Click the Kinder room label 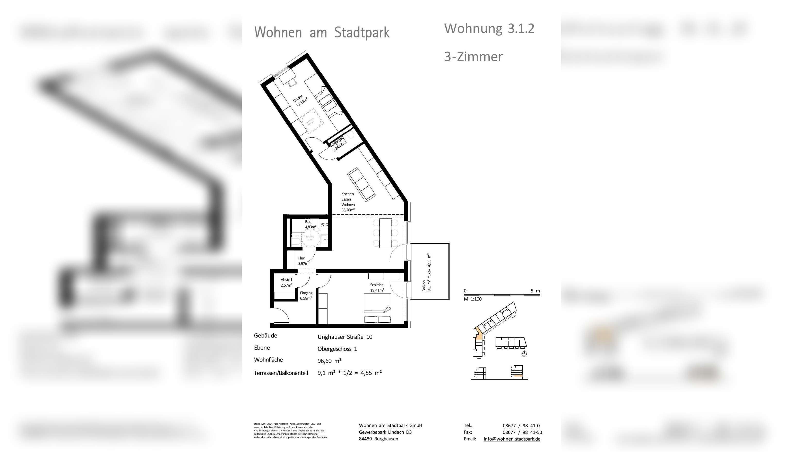298,99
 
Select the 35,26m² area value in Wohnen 348,210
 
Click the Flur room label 301,258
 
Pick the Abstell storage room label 286,280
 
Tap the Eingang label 306,293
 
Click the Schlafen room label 377,285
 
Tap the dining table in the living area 385,233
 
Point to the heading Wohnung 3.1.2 489,29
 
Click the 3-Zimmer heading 473,57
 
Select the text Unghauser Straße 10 345,337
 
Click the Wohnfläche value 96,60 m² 329,361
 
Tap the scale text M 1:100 473,299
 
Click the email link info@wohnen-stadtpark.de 512,439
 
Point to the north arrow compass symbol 524,354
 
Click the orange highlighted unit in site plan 479,337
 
